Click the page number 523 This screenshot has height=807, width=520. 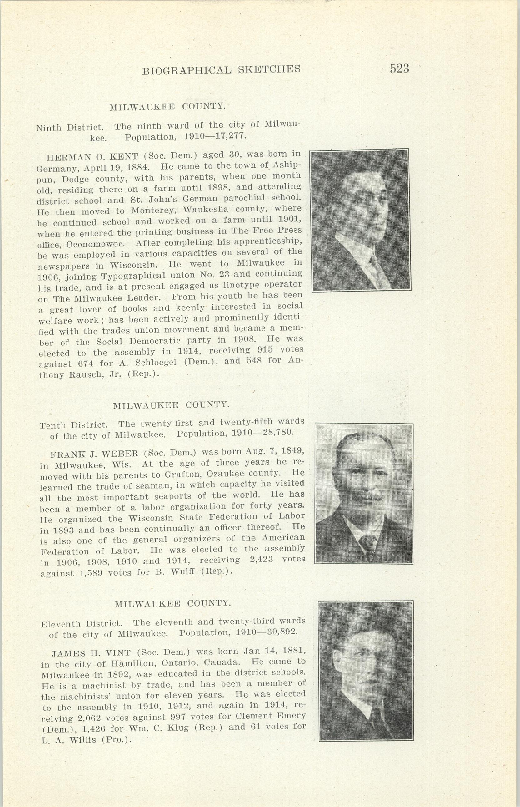[x=399, y=69]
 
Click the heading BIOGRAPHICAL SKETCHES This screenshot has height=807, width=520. [x=221, y=70]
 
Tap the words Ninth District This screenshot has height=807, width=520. [x=69, y=128]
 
